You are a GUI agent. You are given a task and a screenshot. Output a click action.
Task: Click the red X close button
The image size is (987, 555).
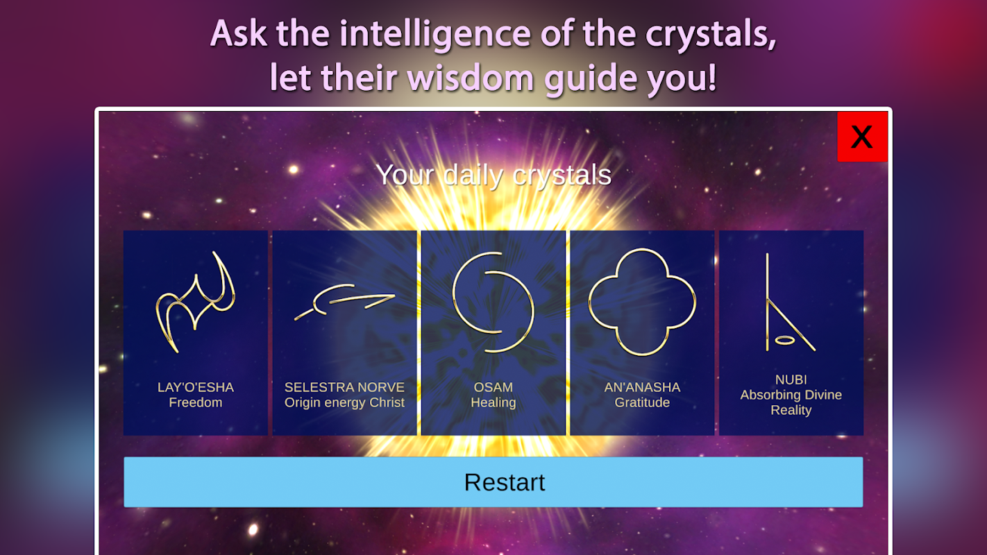click(x=862, y=137)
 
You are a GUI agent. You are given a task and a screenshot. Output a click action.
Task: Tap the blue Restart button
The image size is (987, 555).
click(x=493, y=482)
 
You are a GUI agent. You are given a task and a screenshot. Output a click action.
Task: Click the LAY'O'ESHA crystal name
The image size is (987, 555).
click(x=196, y=387)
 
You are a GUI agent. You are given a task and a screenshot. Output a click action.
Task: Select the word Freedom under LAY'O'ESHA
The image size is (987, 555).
click(x=196, y=402)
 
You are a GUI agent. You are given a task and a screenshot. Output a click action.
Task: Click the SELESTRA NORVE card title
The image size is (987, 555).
click(x=344, y=387)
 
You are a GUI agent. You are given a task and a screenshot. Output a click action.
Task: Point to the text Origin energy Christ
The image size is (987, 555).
click(x=344, y=402)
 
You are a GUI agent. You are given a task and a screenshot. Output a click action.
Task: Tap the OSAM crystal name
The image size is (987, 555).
click(x=493, y=387)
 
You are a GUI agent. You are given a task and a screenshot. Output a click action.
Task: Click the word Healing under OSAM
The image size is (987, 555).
click(x=493, y=402)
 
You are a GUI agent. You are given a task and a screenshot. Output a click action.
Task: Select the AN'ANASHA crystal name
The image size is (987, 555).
click(x=642, y=387)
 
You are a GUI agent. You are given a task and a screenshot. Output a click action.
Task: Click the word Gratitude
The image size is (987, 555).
click(x=642, y=402)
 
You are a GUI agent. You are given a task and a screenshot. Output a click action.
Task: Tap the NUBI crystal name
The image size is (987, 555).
click(x=791, y=379)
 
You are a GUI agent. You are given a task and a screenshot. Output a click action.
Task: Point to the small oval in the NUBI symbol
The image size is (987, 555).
click(x=784, y=340)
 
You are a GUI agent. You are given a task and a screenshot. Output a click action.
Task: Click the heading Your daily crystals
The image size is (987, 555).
click(x=493, y=175)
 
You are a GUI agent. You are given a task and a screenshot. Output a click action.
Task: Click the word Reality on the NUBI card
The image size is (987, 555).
click(x=791, y=410)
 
